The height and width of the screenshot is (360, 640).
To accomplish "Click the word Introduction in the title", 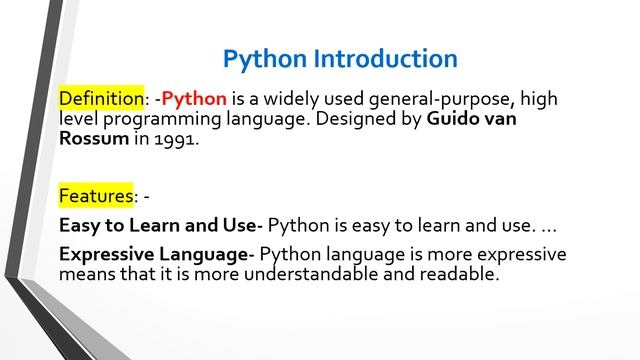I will (x=385, y=58).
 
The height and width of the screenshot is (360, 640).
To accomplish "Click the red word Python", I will (x=194, y=99).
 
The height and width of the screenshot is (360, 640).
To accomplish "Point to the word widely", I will (x=306, y=99).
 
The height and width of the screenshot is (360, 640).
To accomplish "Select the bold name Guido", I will (x=456, y=119).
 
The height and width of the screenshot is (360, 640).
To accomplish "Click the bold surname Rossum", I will (x=93, y=139).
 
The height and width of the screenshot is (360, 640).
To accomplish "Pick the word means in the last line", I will (x=89, y=273).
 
